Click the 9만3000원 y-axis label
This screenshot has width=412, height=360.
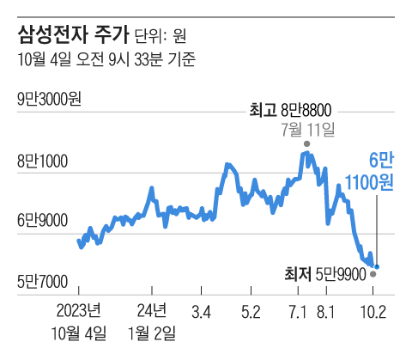click(x=49, y=101)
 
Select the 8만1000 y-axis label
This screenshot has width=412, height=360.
click(x=42, y=161)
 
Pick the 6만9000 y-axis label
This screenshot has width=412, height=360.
click(x=42, y=221)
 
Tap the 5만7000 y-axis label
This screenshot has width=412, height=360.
click(x=42, y=281)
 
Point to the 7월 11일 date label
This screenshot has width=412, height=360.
click(x=306, y=129)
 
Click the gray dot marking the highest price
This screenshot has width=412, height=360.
click(x=306, y=143)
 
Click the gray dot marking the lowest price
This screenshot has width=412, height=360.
click(x=372, y=274)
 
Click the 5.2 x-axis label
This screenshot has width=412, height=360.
click(x=251, y=310)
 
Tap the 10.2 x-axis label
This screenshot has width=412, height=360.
click(x=373, y=310)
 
